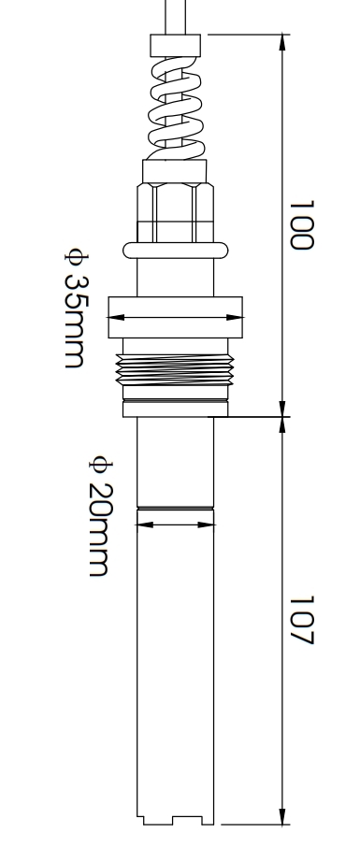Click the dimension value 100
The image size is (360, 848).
[299, 223]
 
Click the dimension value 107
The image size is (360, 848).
[299, 621]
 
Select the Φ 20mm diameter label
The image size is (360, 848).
[100, 515]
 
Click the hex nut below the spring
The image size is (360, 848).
[175, 210]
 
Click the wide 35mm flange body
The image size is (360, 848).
[175, 318]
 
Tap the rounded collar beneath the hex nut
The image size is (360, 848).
[175, 250]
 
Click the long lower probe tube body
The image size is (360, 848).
[176, 673]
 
